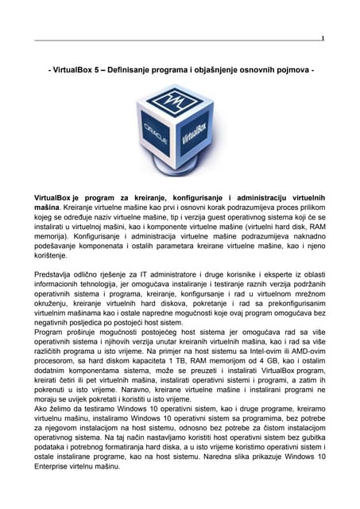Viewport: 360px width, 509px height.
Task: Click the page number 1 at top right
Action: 323,38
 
